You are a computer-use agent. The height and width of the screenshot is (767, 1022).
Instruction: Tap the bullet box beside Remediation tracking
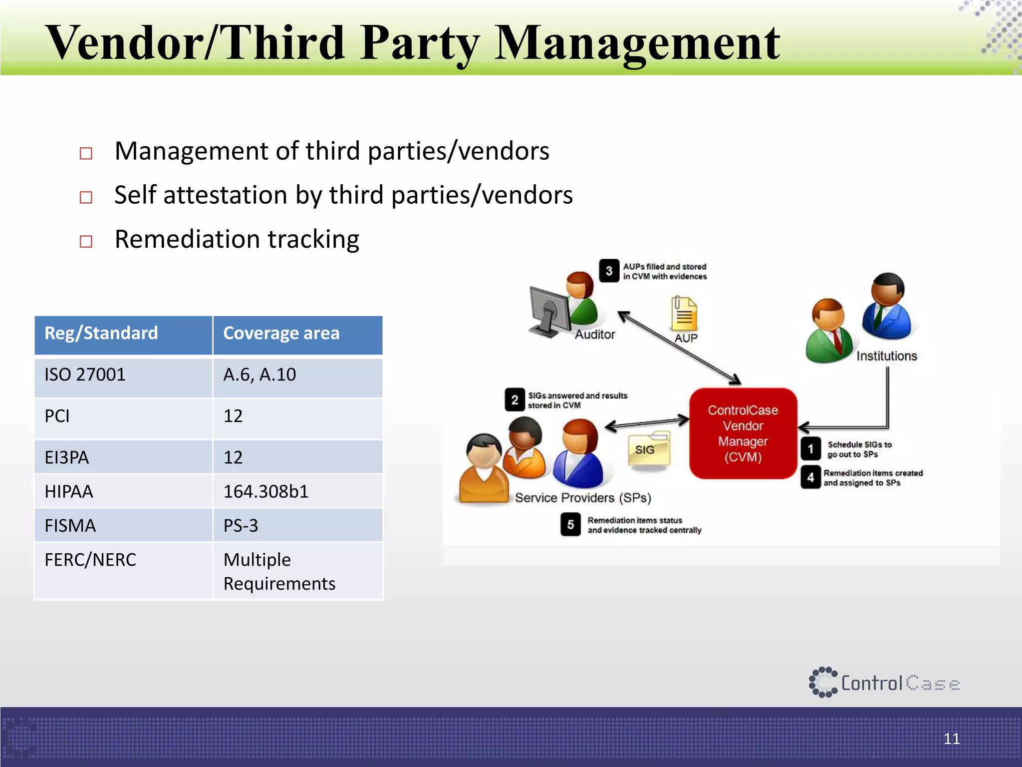tap(86, 242)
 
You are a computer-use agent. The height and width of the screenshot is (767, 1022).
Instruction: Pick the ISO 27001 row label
tap(85, 375)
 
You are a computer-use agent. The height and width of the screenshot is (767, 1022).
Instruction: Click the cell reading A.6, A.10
tap(259, 375)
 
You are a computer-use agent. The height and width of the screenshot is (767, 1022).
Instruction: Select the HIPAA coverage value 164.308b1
tap(265, 492)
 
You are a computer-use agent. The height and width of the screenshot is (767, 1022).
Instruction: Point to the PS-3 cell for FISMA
tap(241, 526)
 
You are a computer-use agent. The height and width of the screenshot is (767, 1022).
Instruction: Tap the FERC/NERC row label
tap(90, 560)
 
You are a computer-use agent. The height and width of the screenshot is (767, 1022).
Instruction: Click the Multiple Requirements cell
tap(279, 572)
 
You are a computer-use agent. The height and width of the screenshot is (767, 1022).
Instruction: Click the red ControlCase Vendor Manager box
tap(743, 433)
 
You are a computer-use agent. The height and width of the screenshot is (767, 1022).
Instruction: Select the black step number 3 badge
tap(609, 271)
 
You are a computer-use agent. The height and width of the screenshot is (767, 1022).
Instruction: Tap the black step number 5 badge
tap(570, 525)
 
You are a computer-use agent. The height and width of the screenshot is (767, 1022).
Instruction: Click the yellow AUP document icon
tap(684, 314)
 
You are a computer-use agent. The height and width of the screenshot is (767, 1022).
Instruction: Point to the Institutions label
tap(886, 356)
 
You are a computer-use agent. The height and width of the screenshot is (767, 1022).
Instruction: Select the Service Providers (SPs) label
tap(583, 498)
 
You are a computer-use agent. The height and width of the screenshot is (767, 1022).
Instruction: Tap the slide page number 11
tap(951, 739)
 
